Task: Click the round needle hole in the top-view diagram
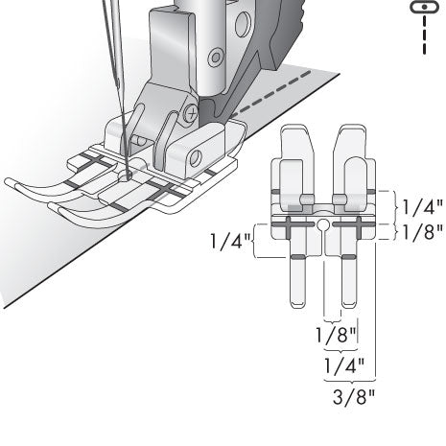[x=325, y=226]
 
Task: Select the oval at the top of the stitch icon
[x=421, y=7]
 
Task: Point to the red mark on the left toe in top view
[x=297, y=258]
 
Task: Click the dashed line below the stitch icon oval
[x=421, y=36]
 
